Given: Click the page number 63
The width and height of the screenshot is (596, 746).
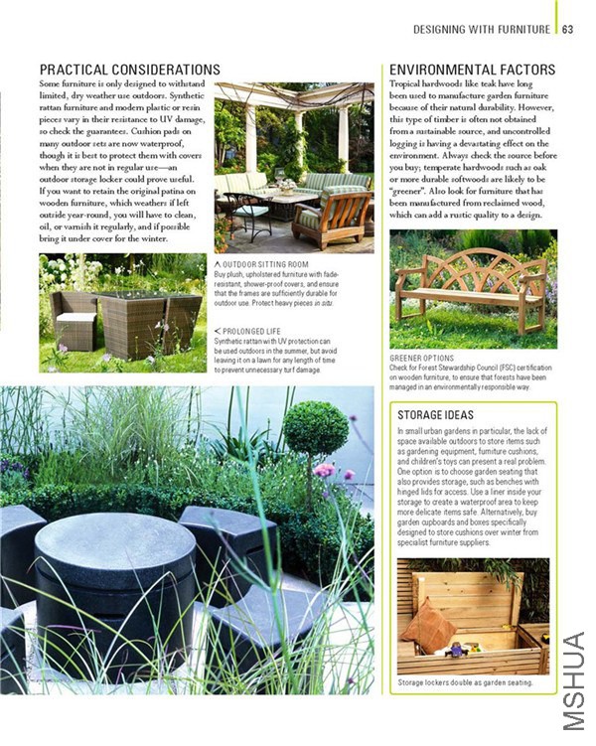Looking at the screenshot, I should pyautogui.click(x=567, y=29).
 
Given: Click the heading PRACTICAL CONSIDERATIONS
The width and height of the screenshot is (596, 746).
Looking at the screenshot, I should pyautogui.click(x=129, y=70).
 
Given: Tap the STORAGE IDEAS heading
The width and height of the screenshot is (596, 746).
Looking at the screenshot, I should pyautogui.click(x=435, y=414).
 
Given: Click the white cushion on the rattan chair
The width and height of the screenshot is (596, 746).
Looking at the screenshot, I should pyautogui.click(x=75, y=320).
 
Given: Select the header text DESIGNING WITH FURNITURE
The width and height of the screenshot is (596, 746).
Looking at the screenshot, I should pyautogui.click(x=482, y=29).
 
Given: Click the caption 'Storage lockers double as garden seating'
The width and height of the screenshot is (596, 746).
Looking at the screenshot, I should pyautogui.click(x=465, y=682).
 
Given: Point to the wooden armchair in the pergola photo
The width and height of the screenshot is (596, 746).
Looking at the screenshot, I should pyautogui.click(x=333, y=217).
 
